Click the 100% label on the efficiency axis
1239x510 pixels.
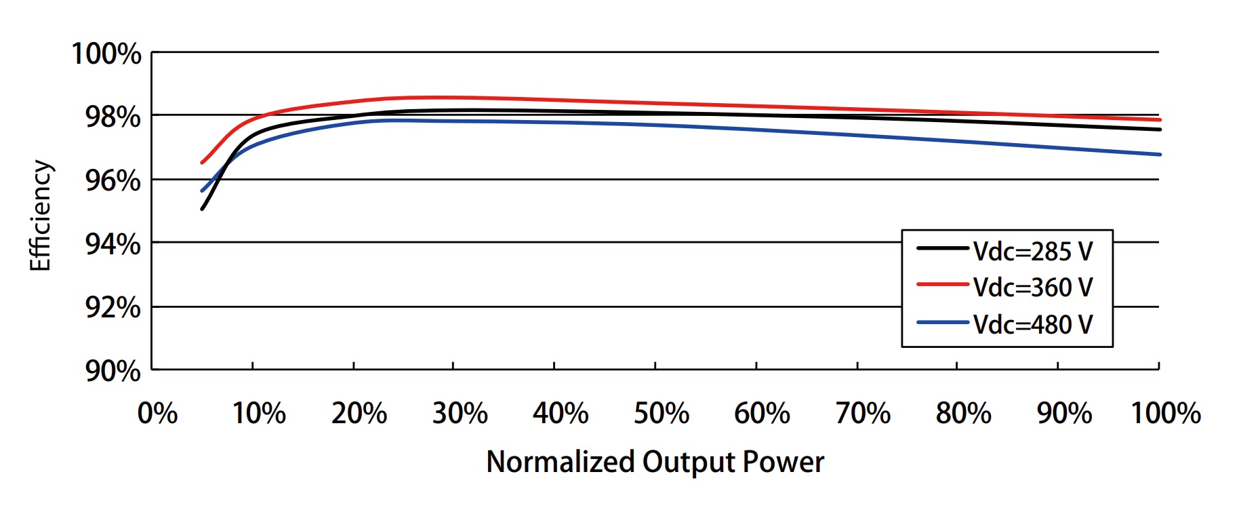tap(106, 54)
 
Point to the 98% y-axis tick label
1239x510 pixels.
tap(113, 117)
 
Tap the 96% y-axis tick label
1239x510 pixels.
tap(113, 180)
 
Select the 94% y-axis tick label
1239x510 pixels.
tap(113, 244)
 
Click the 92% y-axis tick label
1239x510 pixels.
tap(113, 308)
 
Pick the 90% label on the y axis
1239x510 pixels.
tap(113, 371)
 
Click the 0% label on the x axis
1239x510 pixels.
tap(157, 413)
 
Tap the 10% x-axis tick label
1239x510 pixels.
tap(259, 413)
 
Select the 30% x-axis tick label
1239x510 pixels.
tap(460, 413)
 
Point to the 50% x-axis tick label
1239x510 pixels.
tap(661, 413)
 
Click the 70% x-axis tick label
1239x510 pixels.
tap(862, 413)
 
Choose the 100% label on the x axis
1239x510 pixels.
tap(1166, 413)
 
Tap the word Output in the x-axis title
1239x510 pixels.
tap(689, 463)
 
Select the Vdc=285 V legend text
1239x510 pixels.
tap(1033, 252)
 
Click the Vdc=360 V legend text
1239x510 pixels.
tap(1033, 288)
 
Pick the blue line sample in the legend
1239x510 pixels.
tap(942, 322)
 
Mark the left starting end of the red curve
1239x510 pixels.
tap(202, 163)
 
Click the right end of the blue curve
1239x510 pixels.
tap(1160, 155)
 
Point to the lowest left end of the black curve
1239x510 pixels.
tap(202, 209)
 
